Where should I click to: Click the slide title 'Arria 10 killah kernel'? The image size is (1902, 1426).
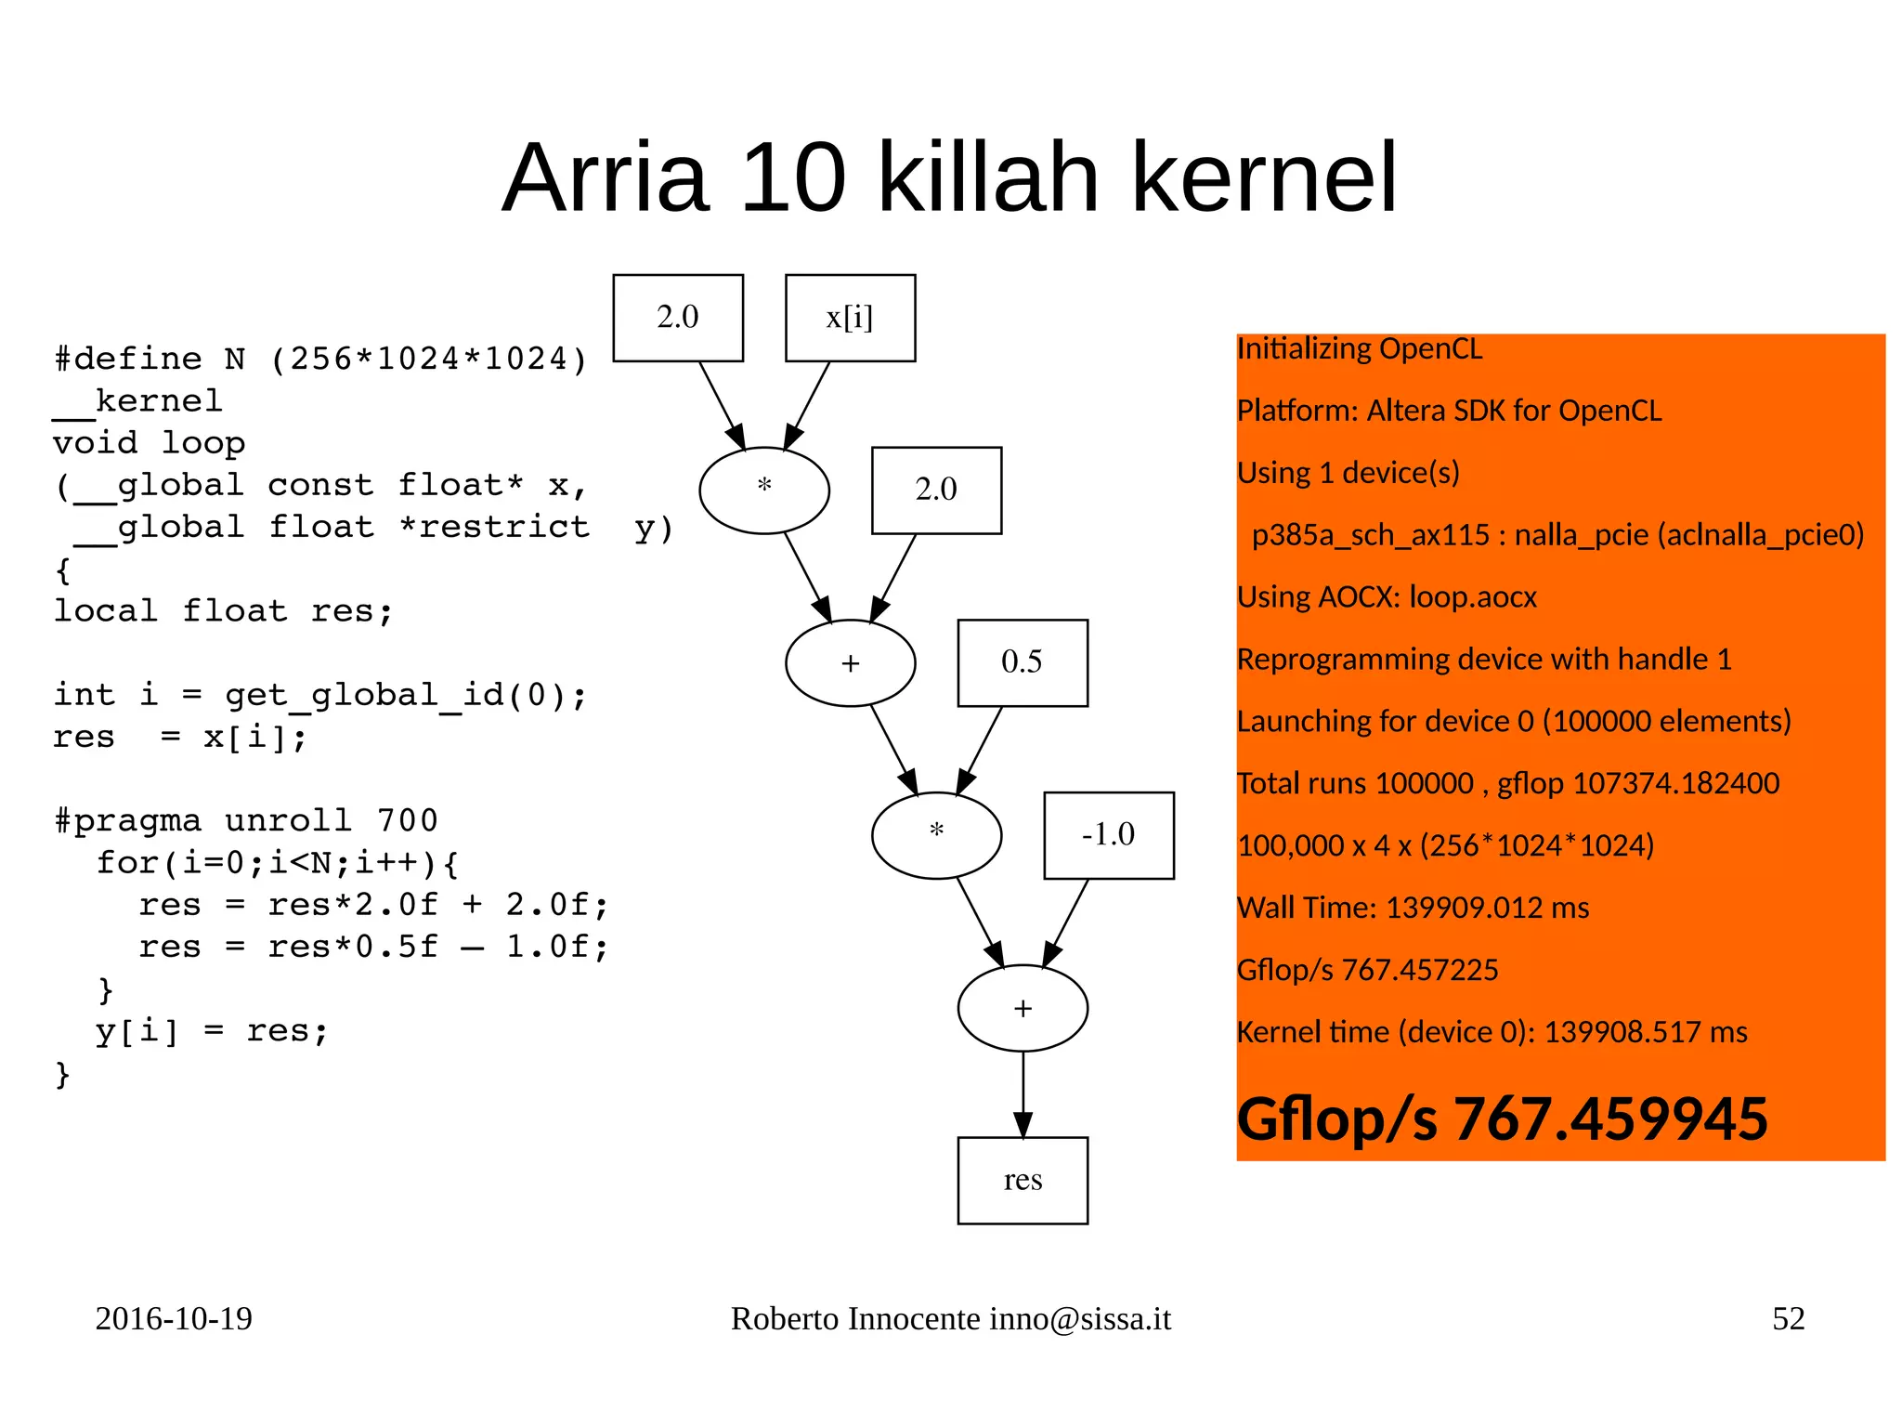tap(949, 177)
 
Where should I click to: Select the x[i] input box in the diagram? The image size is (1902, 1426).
tap(850, 318)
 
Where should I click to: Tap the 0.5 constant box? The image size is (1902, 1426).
tap(1022, 662)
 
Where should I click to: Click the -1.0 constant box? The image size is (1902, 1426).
tap(1108, 834)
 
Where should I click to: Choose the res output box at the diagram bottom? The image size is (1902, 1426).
tap(1022, 1180)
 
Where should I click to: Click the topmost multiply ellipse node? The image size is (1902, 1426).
tap(763, 490)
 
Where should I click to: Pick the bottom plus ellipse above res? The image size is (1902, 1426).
tap(1022, 1008)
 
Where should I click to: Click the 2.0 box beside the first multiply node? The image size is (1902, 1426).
tap(936, 490)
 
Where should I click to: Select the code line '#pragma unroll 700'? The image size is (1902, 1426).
tap(245, 820)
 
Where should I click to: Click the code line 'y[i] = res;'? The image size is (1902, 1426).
tap(212, 1030)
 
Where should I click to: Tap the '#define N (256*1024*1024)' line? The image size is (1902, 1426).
tap(320, 359)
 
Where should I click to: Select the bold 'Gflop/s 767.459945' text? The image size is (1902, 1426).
tap(1502, 1119)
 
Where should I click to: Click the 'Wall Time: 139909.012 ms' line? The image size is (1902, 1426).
tap(1413, 908)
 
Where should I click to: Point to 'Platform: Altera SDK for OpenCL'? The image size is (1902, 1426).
tap(1449, 411)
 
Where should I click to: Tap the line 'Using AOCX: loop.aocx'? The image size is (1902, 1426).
tap(1387, 597)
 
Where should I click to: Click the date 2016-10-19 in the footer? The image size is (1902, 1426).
tap(174, 1318)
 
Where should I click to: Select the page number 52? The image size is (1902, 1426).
tap(1788, 1318)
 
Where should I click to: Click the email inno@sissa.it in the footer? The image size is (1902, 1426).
tap(1079, 1318)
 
